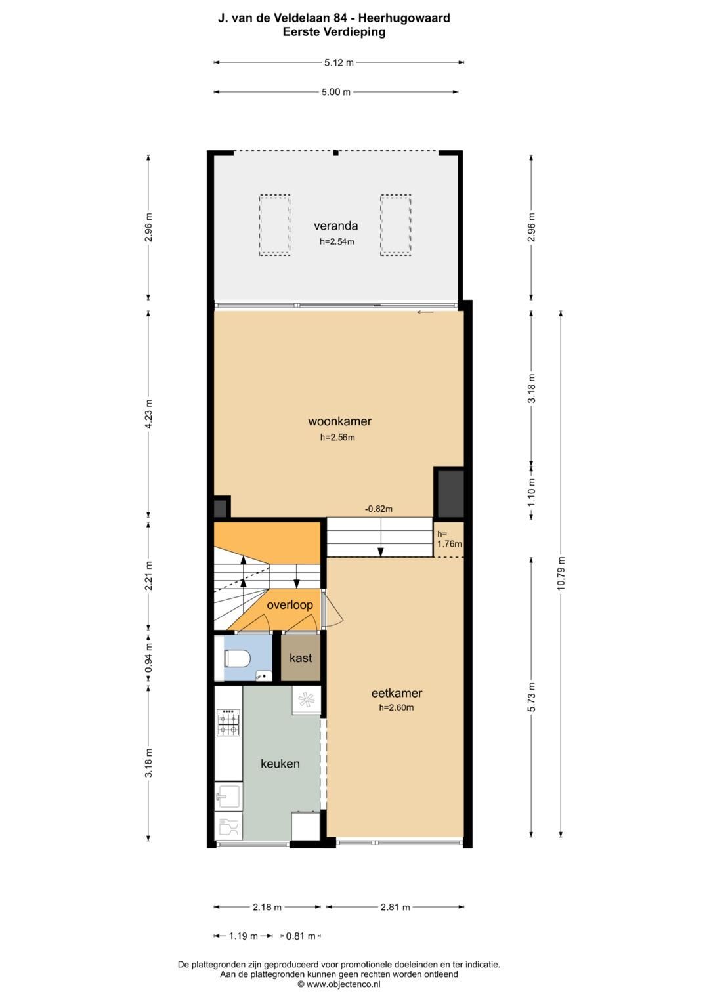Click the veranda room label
(x=335, y=226)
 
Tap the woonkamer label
(x=340, y=421)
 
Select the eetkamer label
(x=397, y=693)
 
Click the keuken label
(x=280, y=764)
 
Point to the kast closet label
(x=301, y=658)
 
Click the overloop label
(x=290, y=605)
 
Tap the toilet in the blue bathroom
(x=236, y=659)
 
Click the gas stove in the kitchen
(x=228, y=722)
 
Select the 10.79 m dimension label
(x=561, y=574)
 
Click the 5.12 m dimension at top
(x=339, y=62)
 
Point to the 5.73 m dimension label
(x=531, y=698)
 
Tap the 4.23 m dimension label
(x=148, y=414)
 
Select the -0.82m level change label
(x=379, y=509)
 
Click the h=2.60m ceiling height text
(x=397, y=707)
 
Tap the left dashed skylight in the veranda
(x=275, y=225)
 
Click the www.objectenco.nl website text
(x=343, y=984)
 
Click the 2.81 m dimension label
(x=395, y=907)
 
